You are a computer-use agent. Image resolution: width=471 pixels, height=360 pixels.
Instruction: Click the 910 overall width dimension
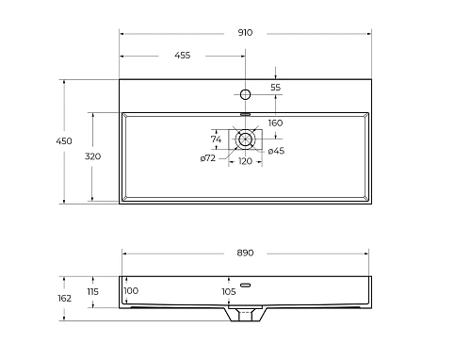tap(245, 31)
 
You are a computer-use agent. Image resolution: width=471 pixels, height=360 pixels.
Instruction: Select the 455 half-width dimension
tap(182, 56)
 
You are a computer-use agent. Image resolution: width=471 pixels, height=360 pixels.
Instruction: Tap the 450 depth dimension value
tap(64, 140)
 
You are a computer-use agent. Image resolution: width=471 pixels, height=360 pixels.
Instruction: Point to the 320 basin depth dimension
tap(92, 155)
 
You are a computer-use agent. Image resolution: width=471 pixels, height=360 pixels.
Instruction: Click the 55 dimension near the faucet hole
tap(276, 87)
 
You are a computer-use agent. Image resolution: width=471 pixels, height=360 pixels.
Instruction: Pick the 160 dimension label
tap(275, 123)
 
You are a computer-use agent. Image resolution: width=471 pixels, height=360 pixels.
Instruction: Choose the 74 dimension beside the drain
tap(216, 139)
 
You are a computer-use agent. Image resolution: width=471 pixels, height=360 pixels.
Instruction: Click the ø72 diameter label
tap(209, 157)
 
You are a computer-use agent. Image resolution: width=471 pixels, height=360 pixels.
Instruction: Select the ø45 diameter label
tap(276, 151)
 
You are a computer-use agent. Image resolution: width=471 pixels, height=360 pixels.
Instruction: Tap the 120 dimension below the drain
tap(245, 161)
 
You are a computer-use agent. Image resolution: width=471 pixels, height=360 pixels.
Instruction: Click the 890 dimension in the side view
tap(246, 254)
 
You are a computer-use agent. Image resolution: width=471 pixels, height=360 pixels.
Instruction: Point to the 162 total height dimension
tap(64, 298)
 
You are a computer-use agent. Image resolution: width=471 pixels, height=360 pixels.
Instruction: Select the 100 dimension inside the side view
tap(130, 290)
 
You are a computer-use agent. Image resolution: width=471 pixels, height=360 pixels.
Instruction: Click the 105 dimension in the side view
tap(228, 291)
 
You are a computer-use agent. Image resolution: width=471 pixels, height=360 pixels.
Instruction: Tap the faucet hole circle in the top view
tap(245, 94)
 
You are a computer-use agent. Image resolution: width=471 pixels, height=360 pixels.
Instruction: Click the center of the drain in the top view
tap(246, 139)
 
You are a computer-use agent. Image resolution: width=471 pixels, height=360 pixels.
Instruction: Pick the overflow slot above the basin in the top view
tap(245, 112)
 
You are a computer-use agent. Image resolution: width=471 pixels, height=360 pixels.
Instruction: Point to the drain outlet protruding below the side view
tap(247, 317)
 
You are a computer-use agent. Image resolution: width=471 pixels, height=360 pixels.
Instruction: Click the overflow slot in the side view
tap(246, 285)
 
